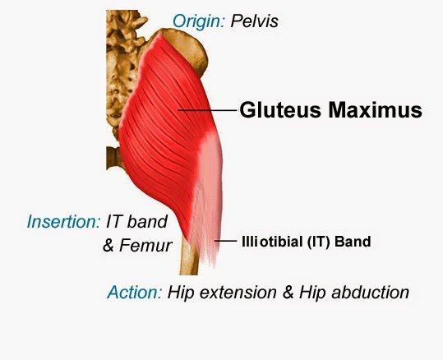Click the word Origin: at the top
pos(199,21)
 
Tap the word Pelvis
pos(254,21)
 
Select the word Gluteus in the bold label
pos(280,109)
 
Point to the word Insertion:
pos(63,222)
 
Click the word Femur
pos(145,245)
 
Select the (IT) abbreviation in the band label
pos(318,242)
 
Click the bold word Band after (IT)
pos(353,242)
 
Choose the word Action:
pos(135,292)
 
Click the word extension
pos(238,292)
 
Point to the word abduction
pos(371,292)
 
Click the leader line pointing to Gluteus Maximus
pos(208,110)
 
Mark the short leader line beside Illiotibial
pos(225,241)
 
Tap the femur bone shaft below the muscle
pos(189,259)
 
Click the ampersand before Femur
pos(108,245)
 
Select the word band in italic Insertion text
pos(147,222)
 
